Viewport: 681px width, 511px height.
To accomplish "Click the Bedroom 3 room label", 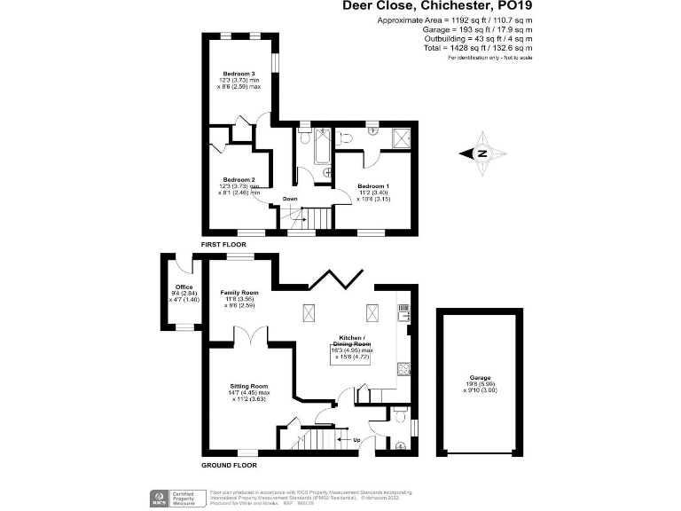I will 239,74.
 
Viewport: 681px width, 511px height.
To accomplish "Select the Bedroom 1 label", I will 373,186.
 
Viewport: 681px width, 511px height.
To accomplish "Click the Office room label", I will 184,287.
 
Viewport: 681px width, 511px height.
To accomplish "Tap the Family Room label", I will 239,293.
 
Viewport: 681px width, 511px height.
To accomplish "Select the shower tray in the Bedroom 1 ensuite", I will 403,138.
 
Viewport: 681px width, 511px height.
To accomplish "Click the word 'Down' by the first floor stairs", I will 290,199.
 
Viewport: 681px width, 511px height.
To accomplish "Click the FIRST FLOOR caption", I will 223,243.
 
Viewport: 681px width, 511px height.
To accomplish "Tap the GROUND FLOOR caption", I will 229,466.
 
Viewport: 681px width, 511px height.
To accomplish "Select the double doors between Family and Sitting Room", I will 252,337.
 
